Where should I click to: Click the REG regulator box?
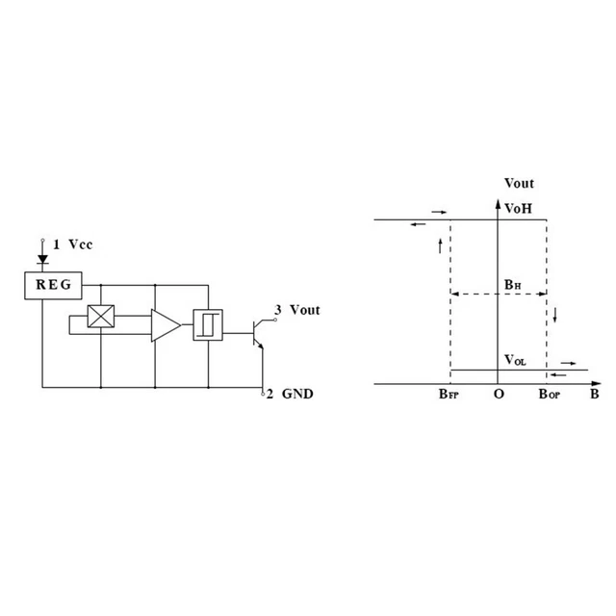pos(54,286)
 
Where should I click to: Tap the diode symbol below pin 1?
pos(42,259)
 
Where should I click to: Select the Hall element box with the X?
pos(101,317)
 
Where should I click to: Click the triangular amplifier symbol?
pos(166,325)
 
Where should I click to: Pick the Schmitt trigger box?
pos(208,325)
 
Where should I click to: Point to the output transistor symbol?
pos(259,334)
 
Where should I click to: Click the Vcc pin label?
pos(81,244)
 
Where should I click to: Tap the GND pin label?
pos(297,394)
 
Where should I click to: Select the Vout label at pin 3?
pos(305,310)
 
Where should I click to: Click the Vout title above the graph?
pos(519,183)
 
